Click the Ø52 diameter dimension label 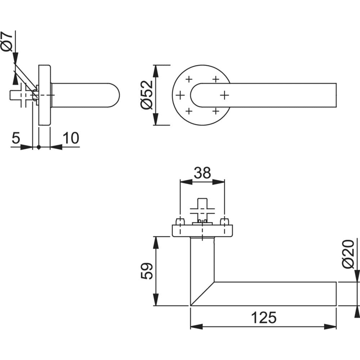146,95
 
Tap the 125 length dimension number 264,318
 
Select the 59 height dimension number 147,271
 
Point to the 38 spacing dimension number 202,173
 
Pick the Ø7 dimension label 7,41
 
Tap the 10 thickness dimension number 71,138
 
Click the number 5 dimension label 16,138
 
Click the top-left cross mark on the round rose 189,79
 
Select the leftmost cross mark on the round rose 180,95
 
